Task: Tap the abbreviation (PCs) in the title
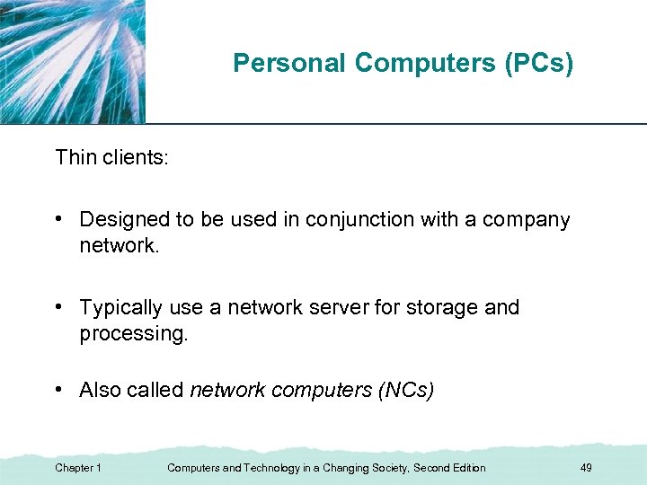pyautogui.click(x=540, y=63)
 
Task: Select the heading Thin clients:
pyautogui.click(x=111, y=158)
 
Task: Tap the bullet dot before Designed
pyautogui.click(x=58, y=219)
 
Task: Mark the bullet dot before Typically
pyautogui.click(x=58, y=307)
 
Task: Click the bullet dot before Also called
pyautogui.click(x=58, y=391)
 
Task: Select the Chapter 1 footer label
pyautogui.click(x=78, y=468)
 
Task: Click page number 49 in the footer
pyautogui.click(x=586, y=468)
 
